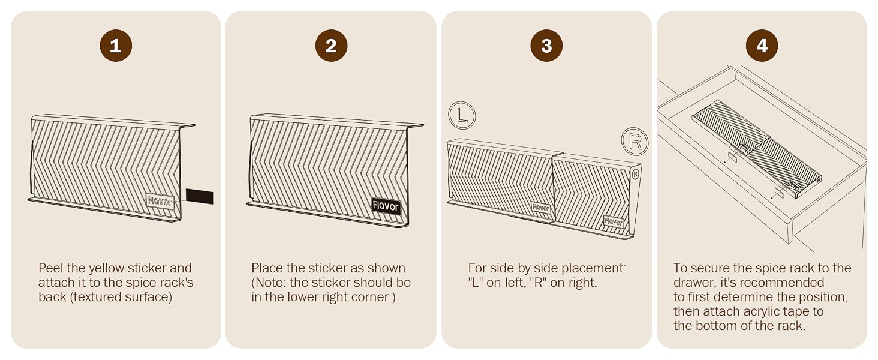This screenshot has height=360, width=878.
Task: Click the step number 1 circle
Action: (116, 46)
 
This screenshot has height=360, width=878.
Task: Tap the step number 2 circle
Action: (331, 46)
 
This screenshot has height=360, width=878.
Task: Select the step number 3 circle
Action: (546, 46)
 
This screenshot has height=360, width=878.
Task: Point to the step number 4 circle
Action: (762, 46)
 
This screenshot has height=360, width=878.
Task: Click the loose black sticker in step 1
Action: (200, 196)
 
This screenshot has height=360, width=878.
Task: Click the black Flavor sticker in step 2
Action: (386, 206)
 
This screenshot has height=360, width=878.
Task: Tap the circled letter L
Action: (462, 116)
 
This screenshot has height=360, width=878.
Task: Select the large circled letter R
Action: (635, 141)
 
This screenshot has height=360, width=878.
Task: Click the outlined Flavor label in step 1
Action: (160, 201)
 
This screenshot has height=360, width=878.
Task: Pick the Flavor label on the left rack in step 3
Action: (541, 208)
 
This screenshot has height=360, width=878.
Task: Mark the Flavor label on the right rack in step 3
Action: (614, 221)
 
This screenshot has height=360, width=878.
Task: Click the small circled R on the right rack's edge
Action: (635, 174)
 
